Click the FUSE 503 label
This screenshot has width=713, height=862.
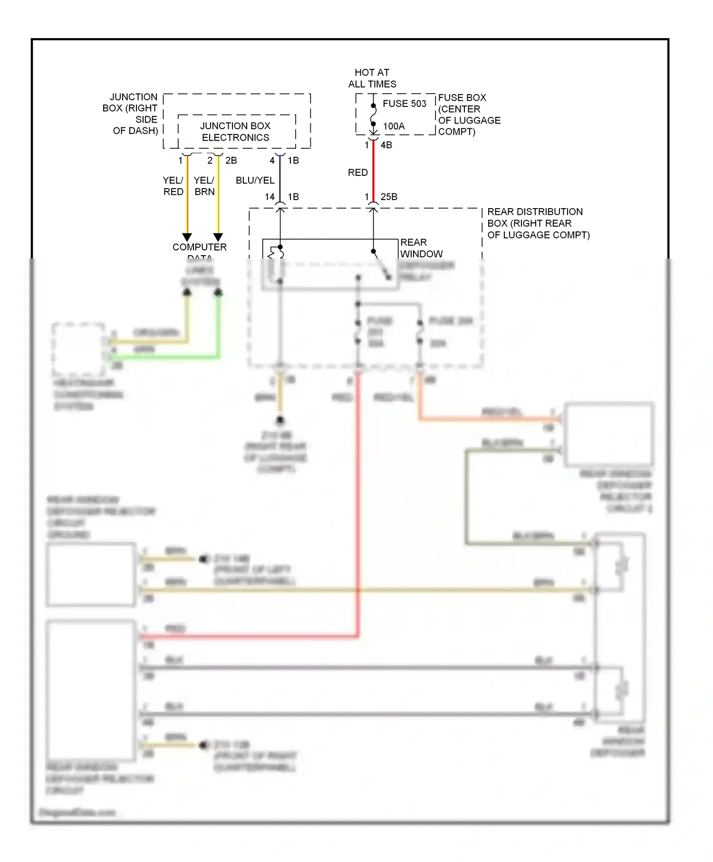405,104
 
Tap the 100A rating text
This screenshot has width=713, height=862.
394,126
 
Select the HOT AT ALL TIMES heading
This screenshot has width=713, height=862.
372,78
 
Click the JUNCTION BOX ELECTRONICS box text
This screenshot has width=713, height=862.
235,132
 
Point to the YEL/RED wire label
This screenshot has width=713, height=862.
173,186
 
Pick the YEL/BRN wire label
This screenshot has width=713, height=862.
204,186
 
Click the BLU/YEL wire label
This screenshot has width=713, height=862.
255,181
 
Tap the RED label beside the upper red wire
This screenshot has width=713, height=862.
357,172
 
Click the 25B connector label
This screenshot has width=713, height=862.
389,197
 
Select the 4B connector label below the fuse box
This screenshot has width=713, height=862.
386,145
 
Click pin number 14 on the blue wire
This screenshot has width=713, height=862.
270,197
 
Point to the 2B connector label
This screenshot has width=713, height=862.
231,161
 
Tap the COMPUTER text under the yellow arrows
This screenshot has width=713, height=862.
199,247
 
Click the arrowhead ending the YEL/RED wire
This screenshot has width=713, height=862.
187,237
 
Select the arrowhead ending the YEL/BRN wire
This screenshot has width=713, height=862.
218,237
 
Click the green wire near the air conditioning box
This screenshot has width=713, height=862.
166,356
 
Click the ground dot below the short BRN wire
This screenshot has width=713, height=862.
280,421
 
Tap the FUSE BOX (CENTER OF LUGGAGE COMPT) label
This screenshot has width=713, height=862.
469,115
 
